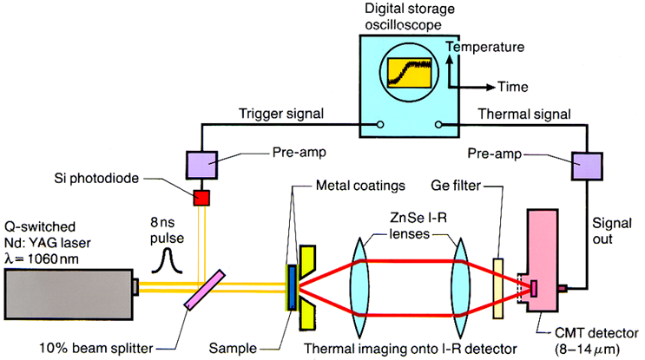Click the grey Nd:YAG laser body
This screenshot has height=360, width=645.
69,286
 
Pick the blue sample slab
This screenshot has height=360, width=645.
292,286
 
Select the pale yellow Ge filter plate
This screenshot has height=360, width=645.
498,285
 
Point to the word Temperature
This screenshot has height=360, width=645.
491,47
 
